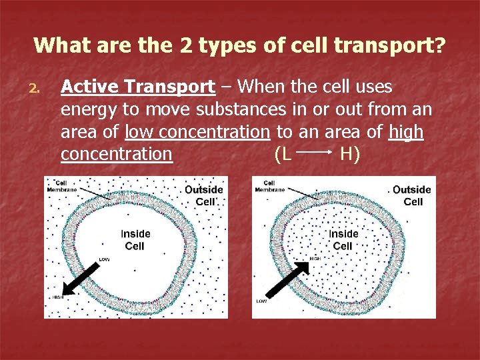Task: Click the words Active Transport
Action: [137, 87]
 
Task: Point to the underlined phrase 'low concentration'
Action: [197, 132]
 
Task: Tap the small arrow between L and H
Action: [314, 153]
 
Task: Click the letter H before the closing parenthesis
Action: [346, 154]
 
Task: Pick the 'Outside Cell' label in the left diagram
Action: [204, 195]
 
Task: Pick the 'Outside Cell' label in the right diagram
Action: [412, 195]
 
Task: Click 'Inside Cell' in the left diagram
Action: [135, 240]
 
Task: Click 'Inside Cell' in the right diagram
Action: [343, 240]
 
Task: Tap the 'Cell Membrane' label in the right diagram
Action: [269, 186]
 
